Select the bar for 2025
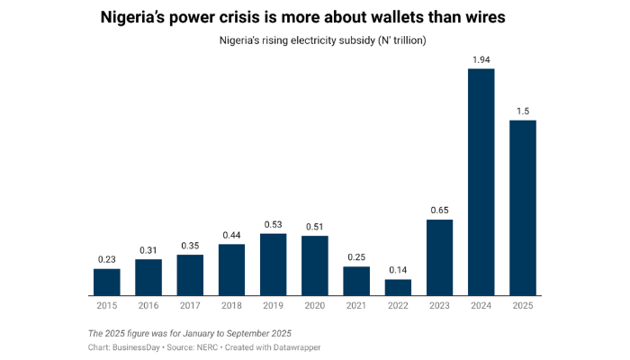click(523, 207)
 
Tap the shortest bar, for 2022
click(398, 287)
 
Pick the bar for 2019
click(273, 264)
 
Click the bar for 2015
click(106, 282)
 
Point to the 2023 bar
click(439, 256)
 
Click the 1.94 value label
click(481, 59)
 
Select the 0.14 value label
click(398, 270)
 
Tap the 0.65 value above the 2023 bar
click(439, 210)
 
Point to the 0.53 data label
click(273, 224)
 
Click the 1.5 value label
click(523, 111)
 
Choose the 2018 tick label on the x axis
click(231, 306)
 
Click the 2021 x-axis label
click(356, 306)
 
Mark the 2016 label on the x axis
click(148, 306)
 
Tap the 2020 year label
click(315, 306)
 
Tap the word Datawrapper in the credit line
click(292, 346)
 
